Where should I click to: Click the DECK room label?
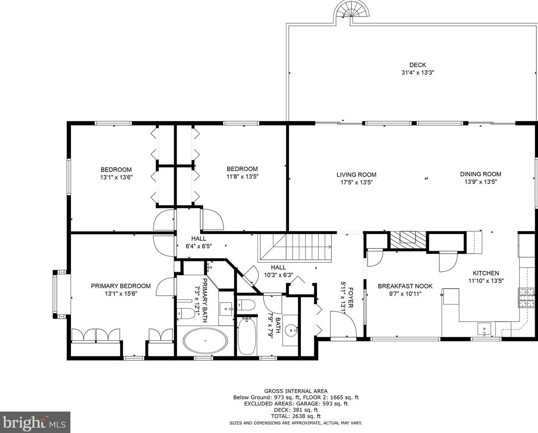417,65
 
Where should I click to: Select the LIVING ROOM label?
356,175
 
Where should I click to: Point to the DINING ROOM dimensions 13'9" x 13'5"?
480,181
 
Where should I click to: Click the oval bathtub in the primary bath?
205,341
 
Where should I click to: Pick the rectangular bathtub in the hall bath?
247,335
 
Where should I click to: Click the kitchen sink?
484,329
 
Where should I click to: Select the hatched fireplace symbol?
408,240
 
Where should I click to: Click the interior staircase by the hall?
296,248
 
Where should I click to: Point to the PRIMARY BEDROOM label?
121,286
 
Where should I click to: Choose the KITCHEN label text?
486,273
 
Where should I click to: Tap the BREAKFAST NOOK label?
405,286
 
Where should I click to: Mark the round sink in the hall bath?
293,330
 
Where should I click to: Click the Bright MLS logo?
35,422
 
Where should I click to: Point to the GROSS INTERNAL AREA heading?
296,391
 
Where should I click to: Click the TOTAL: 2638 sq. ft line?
296,416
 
